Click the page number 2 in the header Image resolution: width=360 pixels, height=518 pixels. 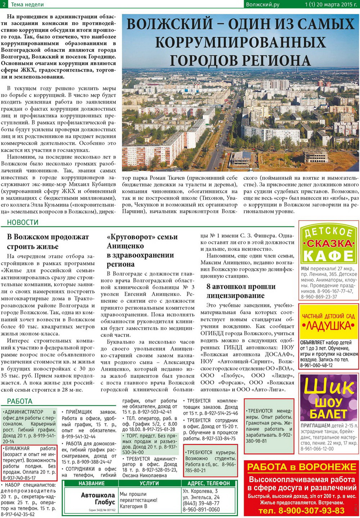(4, 4)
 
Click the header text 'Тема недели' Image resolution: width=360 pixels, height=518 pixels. (27, 4)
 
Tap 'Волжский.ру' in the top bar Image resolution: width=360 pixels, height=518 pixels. (262, 4)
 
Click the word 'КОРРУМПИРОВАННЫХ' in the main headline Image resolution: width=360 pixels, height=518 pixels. (240, 42)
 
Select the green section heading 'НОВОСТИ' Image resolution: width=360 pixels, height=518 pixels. (23, 222)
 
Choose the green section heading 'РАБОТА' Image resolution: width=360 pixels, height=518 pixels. (20, 401)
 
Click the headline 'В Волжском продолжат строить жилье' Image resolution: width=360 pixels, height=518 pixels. (48, 241)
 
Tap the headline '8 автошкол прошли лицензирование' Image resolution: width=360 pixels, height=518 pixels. (241, 291)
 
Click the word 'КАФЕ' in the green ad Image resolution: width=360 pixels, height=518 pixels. (328, 256)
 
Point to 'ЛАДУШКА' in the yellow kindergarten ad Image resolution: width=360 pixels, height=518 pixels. (328, 326)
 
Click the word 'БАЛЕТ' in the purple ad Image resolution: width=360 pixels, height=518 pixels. (328, 414)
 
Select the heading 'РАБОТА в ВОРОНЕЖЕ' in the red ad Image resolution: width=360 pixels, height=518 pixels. (302, 467)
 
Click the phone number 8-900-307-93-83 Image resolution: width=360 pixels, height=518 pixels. (301, 510)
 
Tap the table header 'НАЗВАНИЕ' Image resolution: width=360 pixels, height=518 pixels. (91, 483)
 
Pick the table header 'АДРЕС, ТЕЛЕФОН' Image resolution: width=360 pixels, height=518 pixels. (208, 483)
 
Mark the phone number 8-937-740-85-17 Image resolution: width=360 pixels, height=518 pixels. (19, 478)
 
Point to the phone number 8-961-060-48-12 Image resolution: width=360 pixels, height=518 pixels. (316, 365)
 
